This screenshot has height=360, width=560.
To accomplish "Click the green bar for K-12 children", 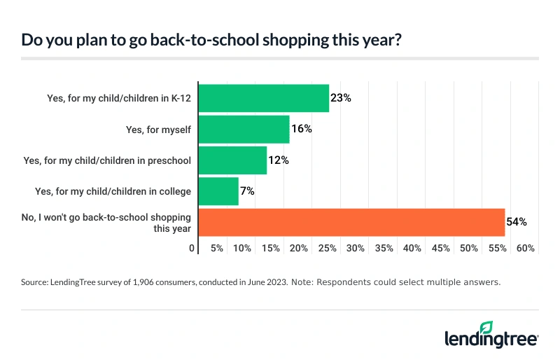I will click(264, 99).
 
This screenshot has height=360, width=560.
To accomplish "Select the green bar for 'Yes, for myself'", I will click(244, 130).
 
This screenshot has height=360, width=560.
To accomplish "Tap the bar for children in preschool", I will click(232, 160).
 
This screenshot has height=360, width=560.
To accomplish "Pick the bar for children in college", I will click(218, 191).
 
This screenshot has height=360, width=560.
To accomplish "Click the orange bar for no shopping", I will click(351, 222).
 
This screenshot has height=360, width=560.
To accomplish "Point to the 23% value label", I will click(341, 99).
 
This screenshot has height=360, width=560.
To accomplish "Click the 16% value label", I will click(302, 130).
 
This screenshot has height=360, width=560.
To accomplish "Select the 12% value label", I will click(279, 160).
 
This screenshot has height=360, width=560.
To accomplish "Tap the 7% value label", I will click(248, 191).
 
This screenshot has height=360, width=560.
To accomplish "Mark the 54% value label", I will click(517, 222).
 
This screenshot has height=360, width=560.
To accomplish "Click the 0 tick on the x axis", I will click(192, 249).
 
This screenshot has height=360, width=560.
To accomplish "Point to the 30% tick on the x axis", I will click(356, 249).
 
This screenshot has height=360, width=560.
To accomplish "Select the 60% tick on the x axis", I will click(526, 249).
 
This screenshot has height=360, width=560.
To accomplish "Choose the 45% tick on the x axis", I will click(440, 249).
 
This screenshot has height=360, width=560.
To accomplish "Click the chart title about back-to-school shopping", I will click(211, 40).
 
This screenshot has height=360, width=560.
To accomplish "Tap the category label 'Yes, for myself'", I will click(158, 130).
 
